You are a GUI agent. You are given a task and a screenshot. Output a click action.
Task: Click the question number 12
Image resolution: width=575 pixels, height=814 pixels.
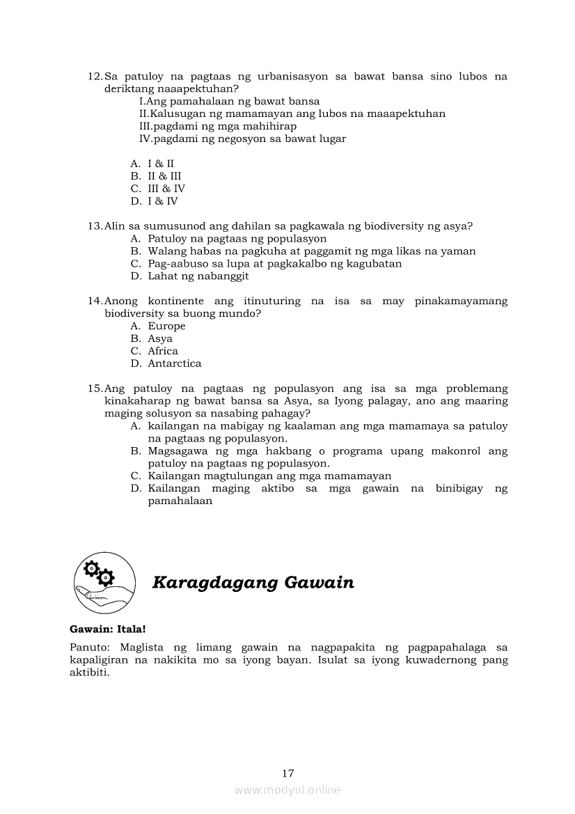tap(95, 76)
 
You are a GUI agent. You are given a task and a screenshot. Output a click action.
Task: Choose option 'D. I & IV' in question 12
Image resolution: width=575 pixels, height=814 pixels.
tap(154, 201)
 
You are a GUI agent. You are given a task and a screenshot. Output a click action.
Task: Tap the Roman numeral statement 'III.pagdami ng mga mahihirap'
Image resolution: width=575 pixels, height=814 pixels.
tap(218, 126)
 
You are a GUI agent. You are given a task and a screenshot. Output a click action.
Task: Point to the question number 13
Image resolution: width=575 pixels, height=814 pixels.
tap(95, 226)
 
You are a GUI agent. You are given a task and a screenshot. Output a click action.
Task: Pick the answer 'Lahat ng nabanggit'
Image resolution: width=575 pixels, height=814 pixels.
tap(198, 276)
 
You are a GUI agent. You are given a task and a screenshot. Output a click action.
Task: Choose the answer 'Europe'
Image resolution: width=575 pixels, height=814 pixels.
tap(166, 326)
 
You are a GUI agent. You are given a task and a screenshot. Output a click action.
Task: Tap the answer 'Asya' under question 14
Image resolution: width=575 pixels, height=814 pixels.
tap(160, 338)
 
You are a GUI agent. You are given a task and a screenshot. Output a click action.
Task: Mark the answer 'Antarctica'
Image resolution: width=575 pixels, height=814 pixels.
tap(174, 363)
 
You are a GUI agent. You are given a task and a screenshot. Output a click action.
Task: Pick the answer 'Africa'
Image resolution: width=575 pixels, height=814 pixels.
tap(163, 351)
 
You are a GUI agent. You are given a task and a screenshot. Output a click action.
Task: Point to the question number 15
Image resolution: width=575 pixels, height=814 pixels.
tap(95, 389)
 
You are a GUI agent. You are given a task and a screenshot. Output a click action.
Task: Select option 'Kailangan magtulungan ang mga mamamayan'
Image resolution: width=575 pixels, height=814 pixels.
tap(269, 476)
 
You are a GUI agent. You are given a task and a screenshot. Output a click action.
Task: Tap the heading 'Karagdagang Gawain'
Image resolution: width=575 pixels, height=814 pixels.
tap(253, 583)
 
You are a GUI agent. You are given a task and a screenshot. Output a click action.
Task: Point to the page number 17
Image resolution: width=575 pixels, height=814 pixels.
tap(288, 773)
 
